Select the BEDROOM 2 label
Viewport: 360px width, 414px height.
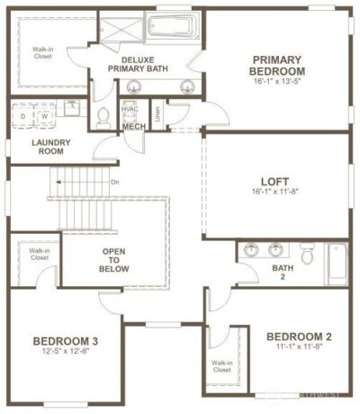point(300,337)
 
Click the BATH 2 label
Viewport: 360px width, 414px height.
point(281,273)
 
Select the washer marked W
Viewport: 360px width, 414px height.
point(42,116)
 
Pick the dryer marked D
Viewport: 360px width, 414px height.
point(22,116)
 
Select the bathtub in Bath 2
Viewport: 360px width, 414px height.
point(336,263)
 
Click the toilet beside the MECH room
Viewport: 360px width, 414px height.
point(103,116)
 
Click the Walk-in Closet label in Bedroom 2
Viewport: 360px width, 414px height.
point(221,366)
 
